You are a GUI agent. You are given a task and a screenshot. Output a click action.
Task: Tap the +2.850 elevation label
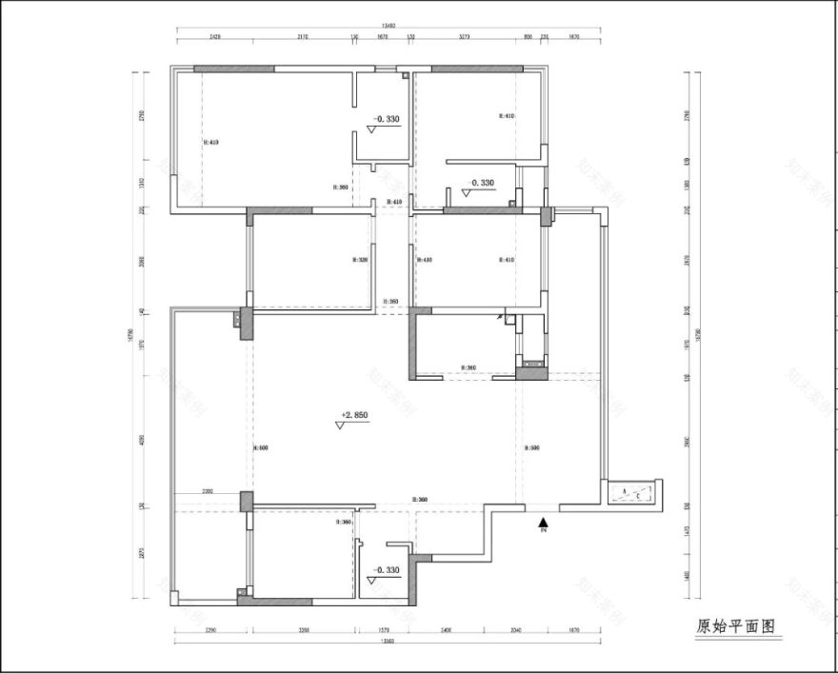353,415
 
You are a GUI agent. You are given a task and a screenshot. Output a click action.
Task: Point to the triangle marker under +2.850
340,426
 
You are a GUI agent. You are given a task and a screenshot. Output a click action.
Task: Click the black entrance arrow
543,521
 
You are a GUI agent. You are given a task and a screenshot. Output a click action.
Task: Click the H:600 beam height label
260,447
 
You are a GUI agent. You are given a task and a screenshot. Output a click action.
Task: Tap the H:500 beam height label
532,447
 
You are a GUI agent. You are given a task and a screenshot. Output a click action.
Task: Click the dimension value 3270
465,37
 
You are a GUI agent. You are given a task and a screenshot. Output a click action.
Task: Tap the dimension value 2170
302,37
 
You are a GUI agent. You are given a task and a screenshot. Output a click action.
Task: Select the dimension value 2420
214,37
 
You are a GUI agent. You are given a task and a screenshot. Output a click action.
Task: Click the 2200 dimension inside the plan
208,492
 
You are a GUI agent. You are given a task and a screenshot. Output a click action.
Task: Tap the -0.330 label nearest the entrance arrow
387,570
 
